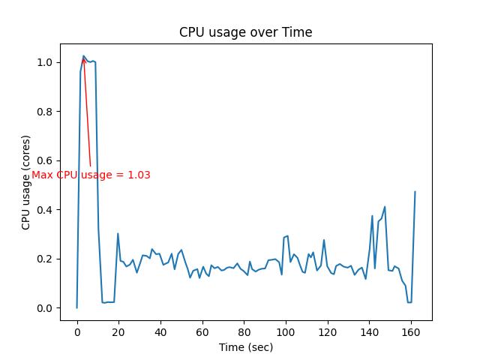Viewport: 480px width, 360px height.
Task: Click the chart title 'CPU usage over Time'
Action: (x=245, y=33)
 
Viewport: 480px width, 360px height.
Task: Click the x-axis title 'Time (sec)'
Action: (x=245, y=347)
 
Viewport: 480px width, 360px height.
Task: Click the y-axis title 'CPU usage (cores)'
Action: (x=26, y=182)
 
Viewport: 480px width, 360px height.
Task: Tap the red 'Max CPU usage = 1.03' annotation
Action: (x=91, y=175)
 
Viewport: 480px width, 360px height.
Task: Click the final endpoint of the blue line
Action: (x=415, y=192)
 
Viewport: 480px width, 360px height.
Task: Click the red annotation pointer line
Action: (x=87, y=112)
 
